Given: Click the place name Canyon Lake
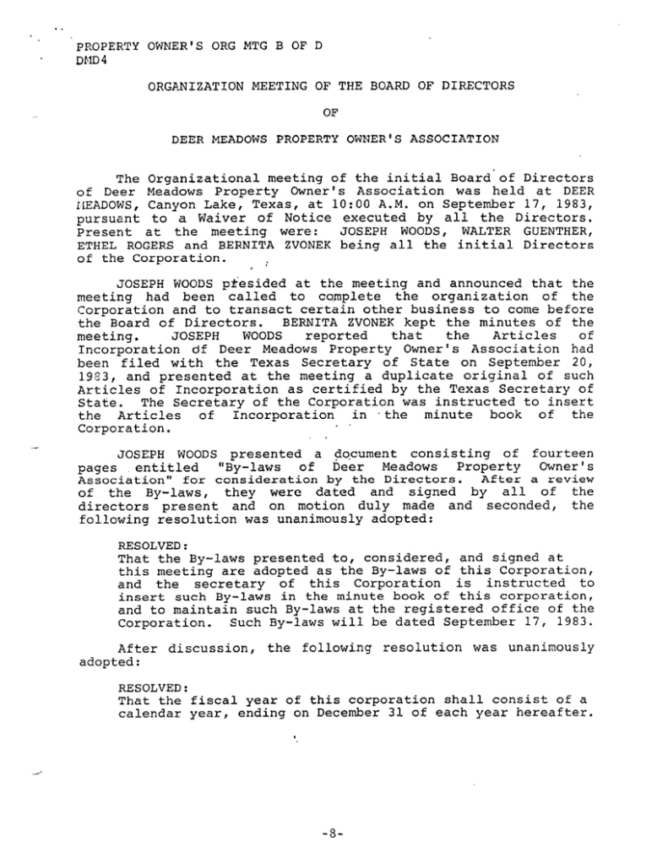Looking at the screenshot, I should coord(184,204).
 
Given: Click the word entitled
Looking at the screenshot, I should coord(166,468).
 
